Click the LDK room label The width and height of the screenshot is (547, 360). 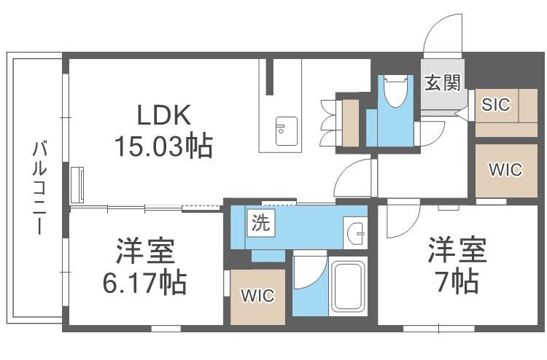click(164, 115)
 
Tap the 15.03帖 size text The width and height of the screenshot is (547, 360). click(163, 146)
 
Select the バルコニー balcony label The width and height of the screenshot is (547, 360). click(40, 187)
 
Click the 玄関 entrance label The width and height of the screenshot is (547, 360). click(443, 83)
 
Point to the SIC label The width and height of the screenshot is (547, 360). click(496, 104)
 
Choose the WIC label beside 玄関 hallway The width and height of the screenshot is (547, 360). click(505, 170)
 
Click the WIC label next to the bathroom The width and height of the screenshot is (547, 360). click(257, 296)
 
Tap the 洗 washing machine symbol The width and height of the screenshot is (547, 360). click(261, 223)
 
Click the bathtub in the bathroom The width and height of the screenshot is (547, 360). click(348, 286)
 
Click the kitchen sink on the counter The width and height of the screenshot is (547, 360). click(287, 131)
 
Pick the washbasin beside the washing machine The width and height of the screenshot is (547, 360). click(355, 232)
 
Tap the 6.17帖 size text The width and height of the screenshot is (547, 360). click(144, 283)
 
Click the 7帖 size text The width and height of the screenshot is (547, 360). click(457, 281)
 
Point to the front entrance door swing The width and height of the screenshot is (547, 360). click(443, 36)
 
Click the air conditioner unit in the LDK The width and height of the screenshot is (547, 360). click(77, 185)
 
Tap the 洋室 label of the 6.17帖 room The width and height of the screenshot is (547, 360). click(145, 251)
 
